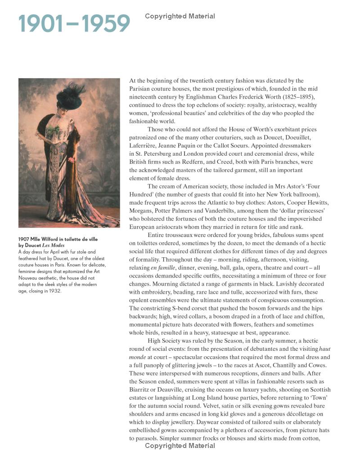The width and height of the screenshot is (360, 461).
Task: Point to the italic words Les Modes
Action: (x=53, y=245)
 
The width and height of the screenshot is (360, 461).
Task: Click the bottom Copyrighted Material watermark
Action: (x=180, y=446)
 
